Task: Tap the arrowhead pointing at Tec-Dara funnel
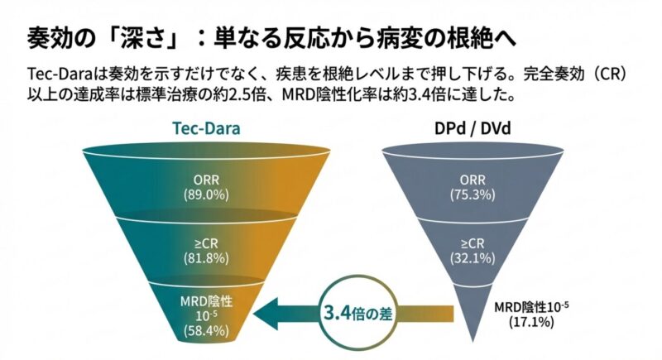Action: point(266,314)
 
